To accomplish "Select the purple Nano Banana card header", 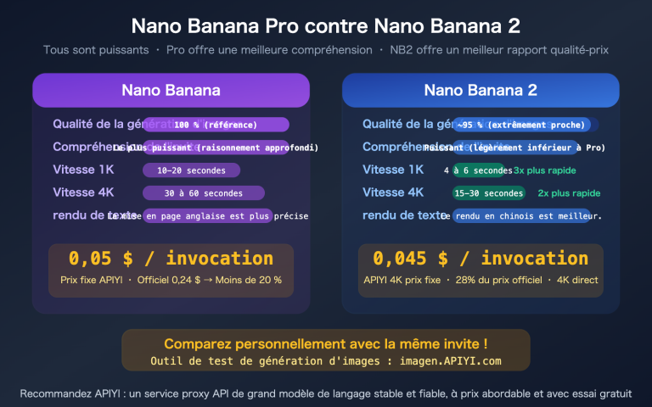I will [x=171, y=90].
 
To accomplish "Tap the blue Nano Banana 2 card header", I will [x=481, y=90].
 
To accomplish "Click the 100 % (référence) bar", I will [x=216, y=125].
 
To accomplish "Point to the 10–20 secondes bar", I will [x=192, y=170].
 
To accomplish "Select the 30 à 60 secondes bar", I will [x=204, y=193].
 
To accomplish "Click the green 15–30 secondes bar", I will [x=489, y=193].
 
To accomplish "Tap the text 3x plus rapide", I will [x=545, y=170].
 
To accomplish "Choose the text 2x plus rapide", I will [x=569, y=193].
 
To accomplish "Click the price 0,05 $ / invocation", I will [x=171, y=258].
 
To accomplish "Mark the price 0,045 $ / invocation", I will [x=481, y=258].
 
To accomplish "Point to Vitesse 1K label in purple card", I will [x=83, y=170].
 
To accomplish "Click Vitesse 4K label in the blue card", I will [x=393, y=192].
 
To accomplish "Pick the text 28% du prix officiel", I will [x=498, y=280].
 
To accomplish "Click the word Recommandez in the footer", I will [x=52, y=393].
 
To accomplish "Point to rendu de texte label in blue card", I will [x=400, y=215].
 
